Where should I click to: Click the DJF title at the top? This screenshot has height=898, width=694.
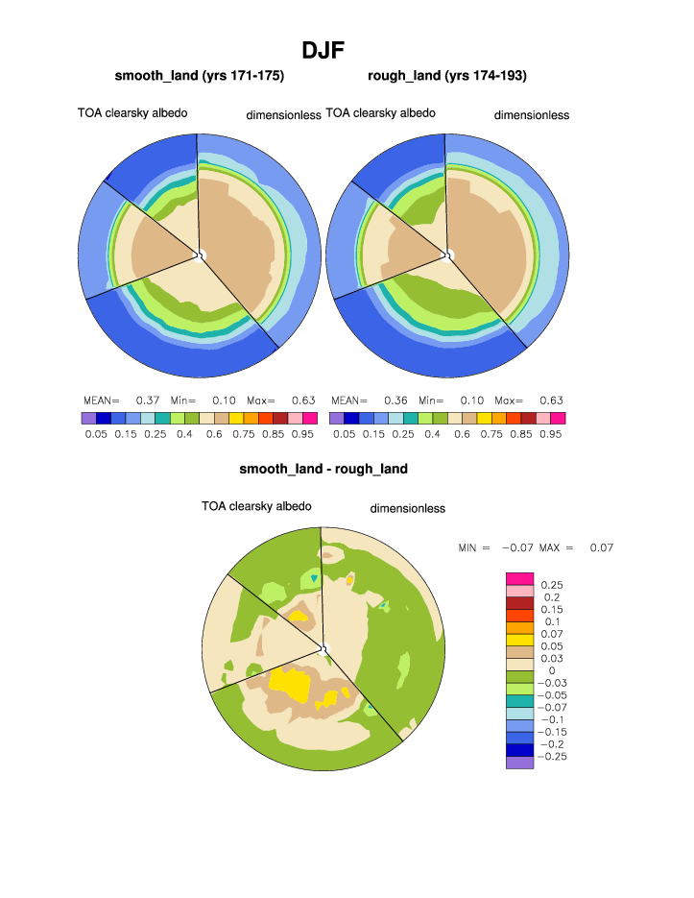(323, 49)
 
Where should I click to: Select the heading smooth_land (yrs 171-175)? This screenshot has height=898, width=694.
(199, 76)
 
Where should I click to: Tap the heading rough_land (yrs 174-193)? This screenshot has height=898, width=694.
(446, 76)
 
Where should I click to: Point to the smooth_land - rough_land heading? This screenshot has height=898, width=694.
(323, 469)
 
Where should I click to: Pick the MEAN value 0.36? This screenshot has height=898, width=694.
(395, 400)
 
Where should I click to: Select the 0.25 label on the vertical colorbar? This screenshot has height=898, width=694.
(551, 584)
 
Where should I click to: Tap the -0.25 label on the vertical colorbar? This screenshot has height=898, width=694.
(554, 757)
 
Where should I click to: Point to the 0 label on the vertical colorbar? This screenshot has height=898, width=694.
(551, 670)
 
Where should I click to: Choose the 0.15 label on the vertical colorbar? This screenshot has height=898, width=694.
(551, 609)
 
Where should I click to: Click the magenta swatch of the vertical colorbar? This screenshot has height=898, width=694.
(518, 577)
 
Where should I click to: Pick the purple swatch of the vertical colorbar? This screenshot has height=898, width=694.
(518, 763)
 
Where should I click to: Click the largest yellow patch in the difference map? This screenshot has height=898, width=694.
(288, 684)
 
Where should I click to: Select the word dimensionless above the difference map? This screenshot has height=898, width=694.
(408, 508)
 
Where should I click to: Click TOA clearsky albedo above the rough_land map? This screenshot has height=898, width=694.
(380, 112)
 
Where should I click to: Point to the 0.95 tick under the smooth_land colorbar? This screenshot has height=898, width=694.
(302, 434)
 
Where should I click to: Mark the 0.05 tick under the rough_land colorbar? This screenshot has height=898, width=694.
(344, 434)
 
